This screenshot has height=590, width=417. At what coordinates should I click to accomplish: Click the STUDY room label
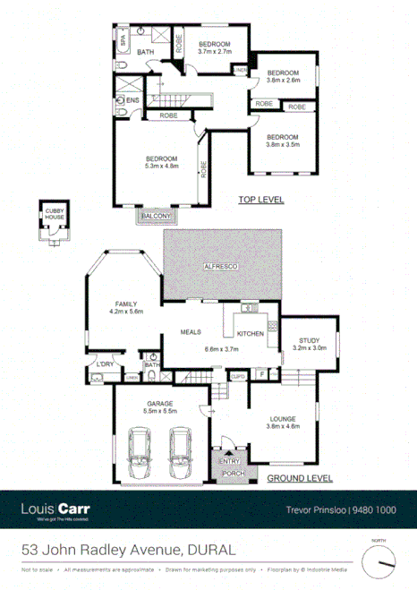pyautogui.click(x=310, y=340)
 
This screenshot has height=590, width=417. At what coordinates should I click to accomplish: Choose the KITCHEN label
pyautogui.click(x=249, y=333)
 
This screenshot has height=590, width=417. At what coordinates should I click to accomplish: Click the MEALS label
pyautogui.click(x=190, y=331)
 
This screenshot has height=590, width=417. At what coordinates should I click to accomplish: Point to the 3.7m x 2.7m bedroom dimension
pyautogui.click(x=215, y=53)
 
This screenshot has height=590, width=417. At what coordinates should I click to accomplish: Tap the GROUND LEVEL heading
pyautogui.click(x=299, y=479)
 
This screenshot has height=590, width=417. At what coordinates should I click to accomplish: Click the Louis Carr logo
pyautogui.click(x=55, y=510)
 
